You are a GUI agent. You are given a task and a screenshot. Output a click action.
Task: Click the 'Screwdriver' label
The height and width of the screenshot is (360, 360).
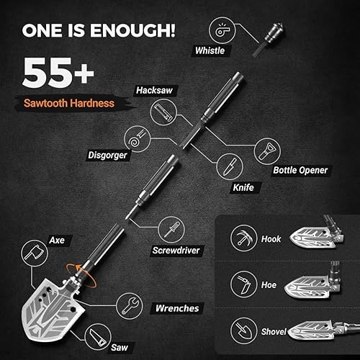click(175, 251)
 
